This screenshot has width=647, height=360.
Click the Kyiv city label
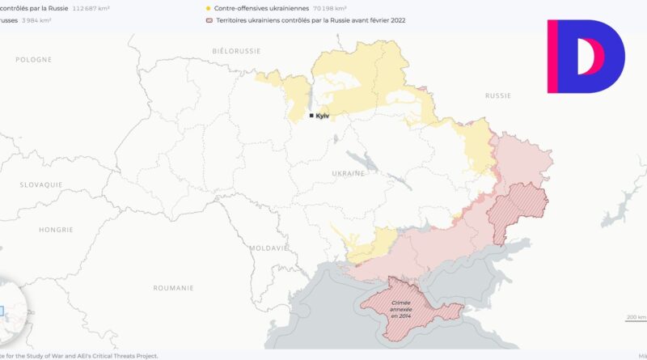[x=323, y=116]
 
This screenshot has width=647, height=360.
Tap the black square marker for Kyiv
[x=311, y=116]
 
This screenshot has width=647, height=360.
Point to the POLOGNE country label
[x=33, y=60]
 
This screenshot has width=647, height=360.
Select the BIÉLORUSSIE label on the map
[x=236, y=50]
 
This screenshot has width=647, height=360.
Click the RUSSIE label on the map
[x=497, y=95]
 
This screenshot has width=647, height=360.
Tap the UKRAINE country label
[x=349, y=173]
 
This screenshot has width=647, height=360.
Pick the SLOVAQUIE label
[x=41, y=184]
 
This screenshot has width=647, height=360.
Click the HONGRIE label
[x=56, y=230]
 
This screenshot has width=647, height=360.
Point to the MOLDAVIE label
[x=268, y=248]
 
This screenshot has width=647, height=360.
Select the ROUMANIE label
[x=173, y=288]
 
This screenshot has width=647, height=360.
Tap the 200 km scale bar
[x=636, y=318]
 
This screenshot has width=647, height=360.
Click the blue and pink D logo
[x=586, y=57]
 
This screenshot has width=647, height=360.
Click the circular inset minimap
[x=10, y=311]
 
